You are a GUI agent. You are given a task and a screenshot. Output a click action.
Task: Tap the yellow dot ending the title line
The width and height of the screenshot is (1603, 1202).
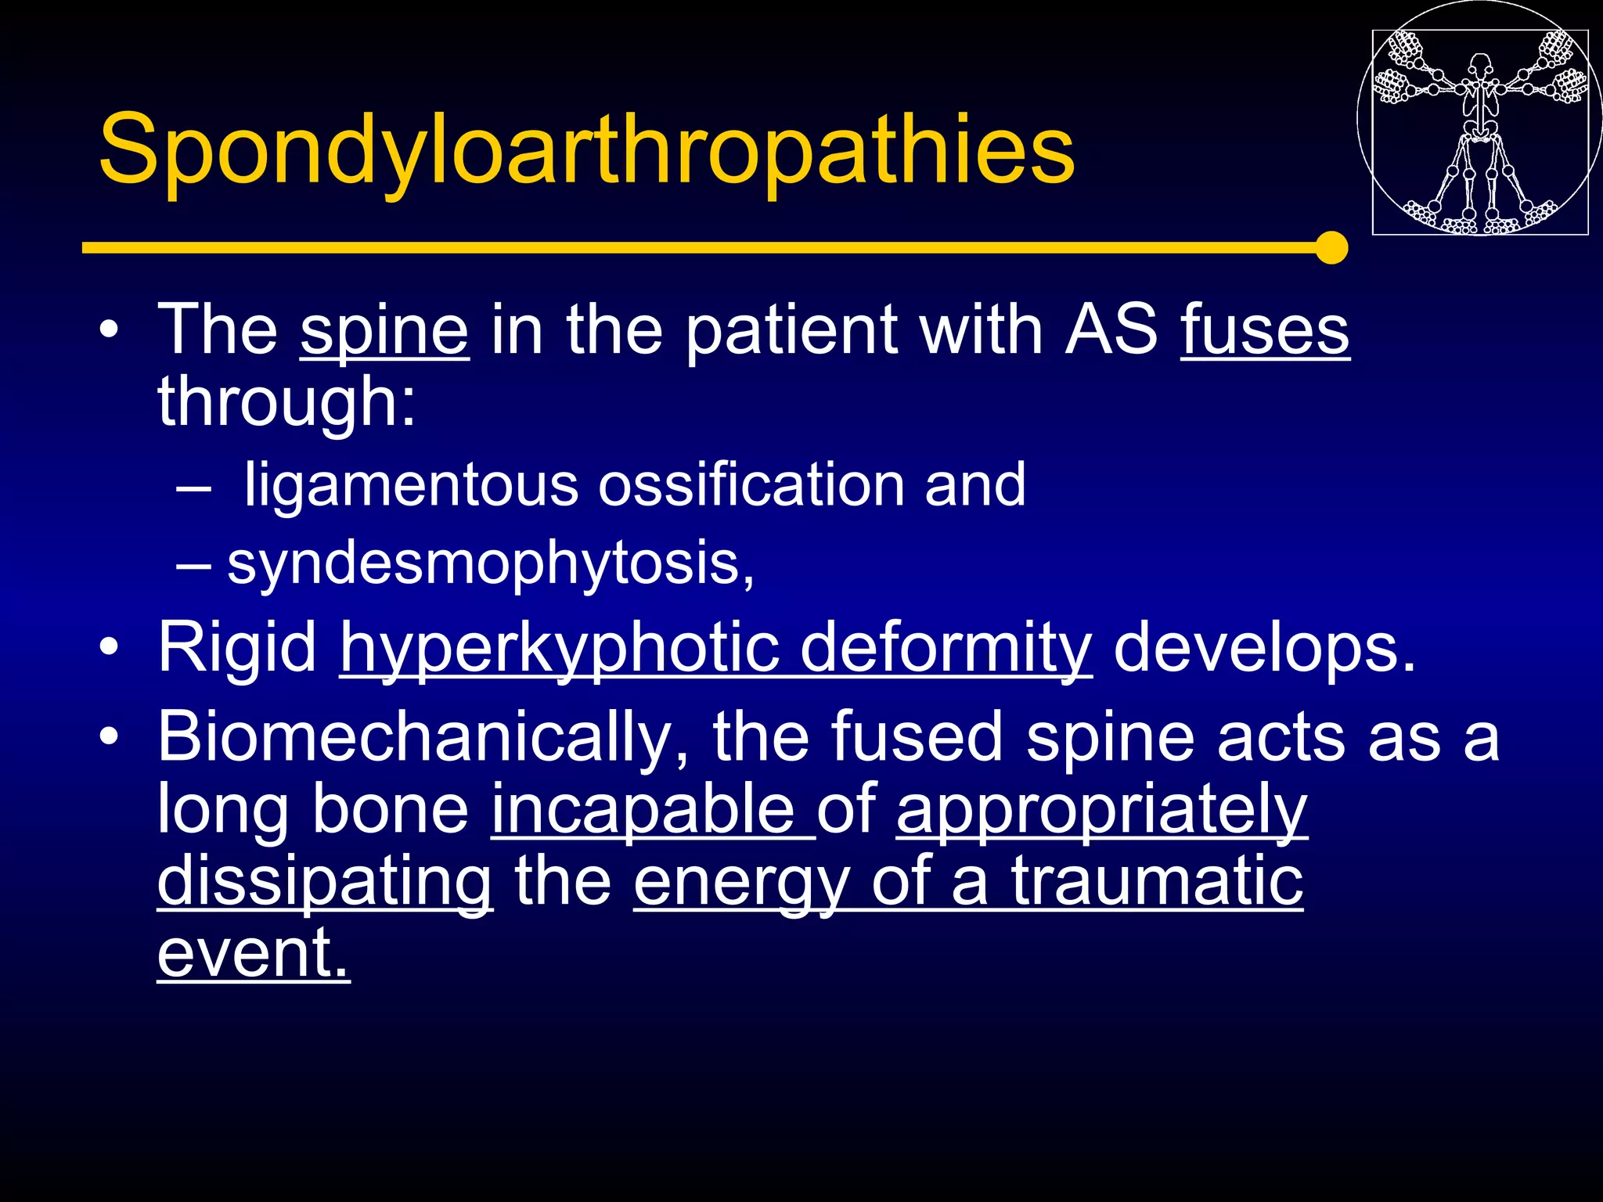pos(1331,247)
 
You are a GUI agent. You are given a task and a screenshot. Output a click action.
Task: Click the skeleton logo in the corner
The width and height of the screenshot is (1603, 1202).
pos(1479,131)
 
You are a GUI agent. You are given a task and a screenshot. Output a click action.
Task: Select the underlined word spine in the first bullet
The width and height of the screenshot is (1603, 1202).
pos(384,331)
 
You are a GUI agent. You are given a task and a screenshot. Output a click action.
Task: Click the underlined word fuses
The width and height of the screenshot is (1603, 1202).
pos(1265,331)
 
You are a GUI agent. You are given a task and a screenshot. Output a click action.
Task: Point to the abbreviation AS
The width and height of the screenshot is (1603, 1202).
pos(1111,329)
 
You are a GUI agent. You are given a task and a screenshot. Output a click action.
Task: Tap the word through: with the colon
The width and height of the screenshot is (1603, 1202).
pos(286,402)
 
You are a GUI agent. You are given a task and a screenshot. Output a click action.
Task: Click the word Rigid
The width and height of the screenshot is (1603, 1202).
pos(236,648)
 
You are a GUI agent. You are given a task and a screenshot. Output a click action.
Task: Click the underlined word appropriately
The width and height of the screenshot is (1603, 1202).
pos(1101,812)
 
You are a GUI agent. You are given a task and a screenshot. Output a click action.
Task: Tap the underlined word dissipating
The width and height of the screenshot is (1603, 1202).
pos(325,884)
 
